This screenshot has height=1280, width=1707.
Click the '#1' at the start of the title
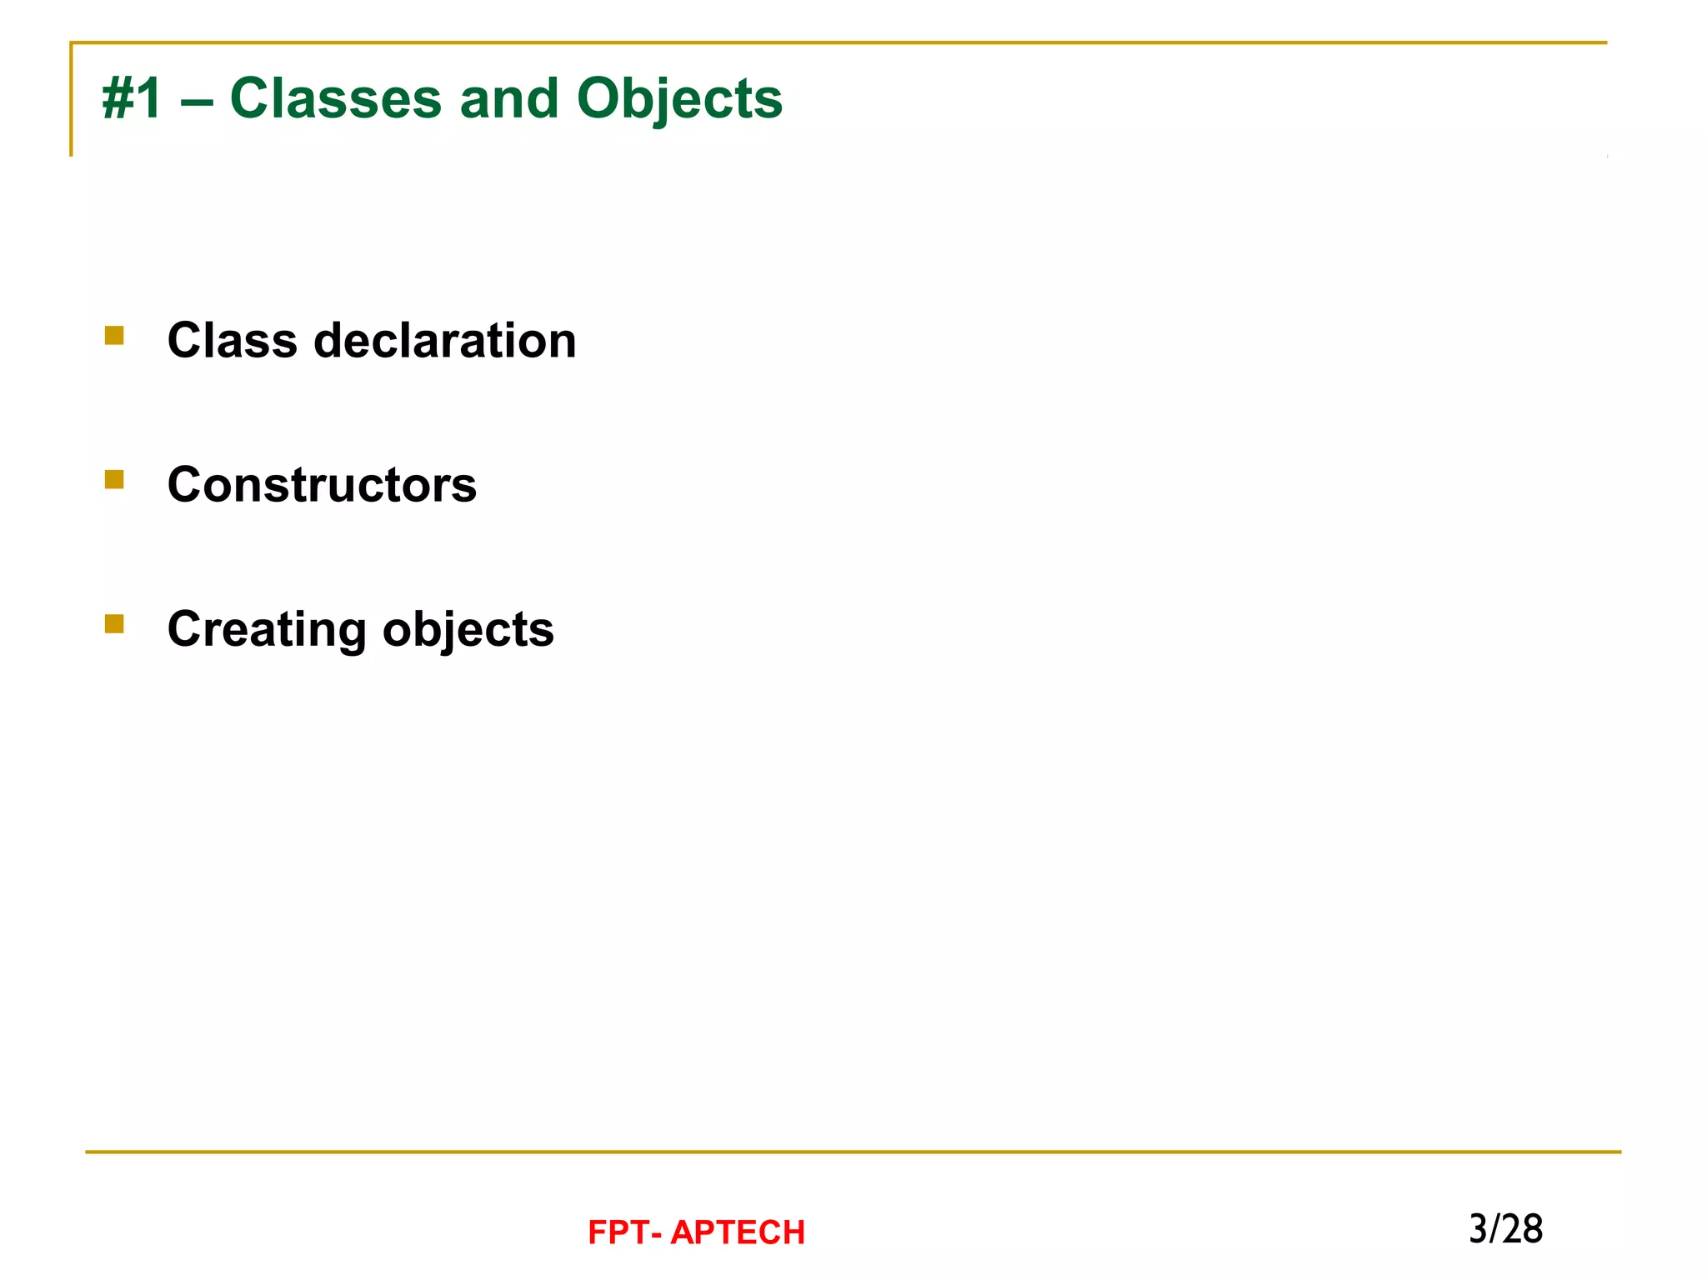point(131,99)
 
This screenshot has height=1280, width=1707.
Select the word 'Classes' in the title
point(335,99)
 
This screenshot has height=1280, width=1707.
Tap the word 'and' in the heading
point(508,99)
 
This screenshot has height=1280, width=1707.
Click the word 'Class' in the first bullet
point(233,341)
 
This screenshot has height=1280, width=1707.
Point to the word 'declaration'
point(444,341)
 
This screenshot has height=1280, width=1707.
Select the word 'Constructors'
point(322,485)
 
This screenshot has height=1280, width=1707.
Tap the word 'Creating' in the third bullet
point(267,630)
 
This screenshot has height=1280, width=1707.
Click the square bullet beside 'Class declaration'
point(114,335)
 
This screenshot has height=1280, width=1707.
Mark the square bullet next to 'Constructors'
point(114,479)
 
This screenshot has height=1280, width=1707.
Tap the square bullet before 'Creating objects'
point(114,623)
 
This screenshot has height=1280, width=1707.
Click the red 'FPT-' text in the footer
point(624,1232)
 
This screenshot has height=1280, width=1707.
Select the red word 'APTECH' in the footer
point(738,1232)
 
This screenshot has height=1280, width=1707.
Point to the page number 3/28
point(1505,1229)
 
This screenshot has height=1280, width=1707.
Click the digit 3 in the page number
point(1478,1229)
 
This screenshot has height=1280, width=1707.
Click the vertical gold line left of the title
point(71,100)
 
